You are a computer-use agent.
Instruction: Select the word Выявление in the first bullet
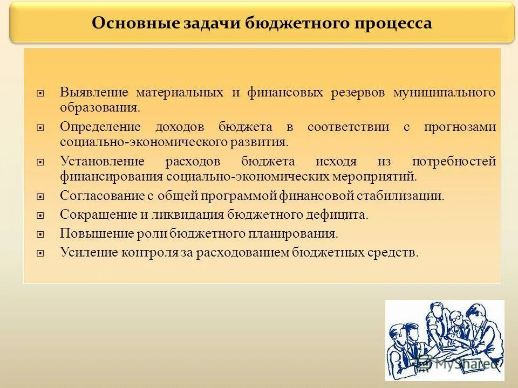tap(94, 92)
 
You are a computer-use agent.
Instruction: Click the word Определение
tap(100, 127)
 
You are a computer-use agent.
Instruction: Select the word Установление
tap(102, 162)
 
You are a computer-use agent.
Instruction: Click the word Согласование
tap(101, 195)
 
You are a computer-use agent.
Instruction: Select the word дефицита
tap(342, 214)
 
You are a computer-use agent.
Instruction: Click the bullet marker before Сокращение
tap(40, 216)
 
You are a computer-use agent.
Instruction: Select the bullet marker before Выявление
tap(40, 93)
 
